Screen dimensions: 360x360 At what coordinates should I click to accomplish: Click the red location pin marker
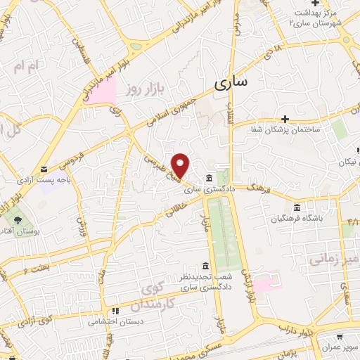pyautogui.click(x=181, y=165)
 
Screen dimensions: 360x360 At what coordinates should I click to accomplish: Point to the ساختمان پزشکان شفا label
pyautogui.click(x=284, y=130)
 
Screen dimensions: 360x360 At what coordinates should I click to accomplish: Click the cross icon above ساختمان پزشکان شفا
pyautogui.click(x=284, y=119)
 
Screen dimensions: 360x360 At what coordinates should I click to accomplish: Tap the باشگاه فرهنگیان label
pyautogui.click(x=297, y=218)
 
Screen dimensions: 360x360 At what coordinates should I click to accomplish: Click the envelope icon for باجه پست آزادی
pyautogui.click(x=44, y=169)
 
